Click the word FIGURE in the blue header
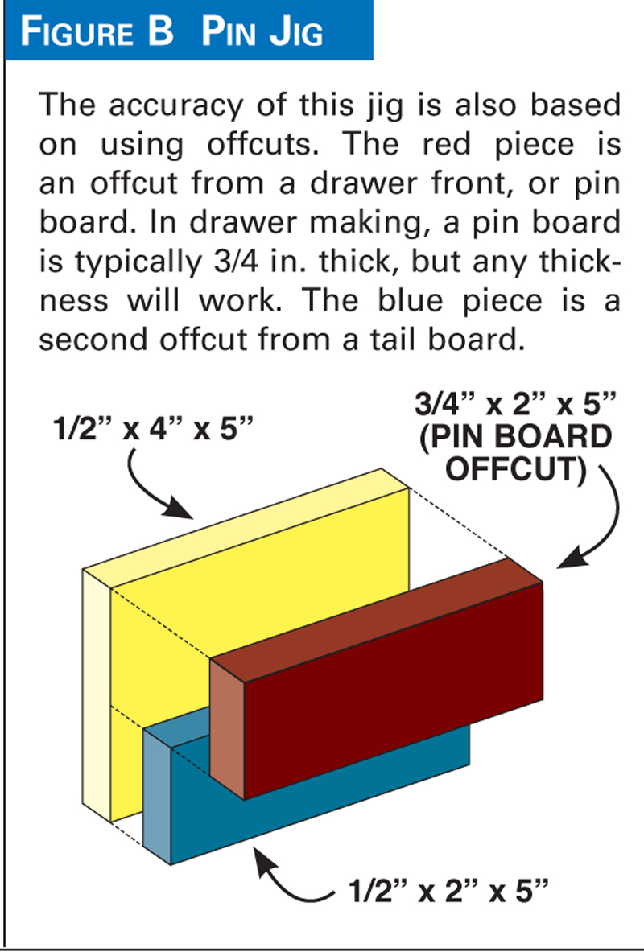click(x=78, y=31)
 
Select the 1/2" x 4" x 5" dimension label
click(x=152, y=429)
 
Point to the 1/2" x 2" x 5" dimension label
click(x=448, y=891)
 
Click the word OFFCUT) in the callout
click(x=517, y=469)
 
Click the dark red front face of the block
click(x=393, y=691)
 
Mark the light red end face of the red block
click(x=227, y=728)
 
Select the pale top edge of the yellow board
click(x=246, y=528)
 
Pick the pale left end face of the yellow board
click(x=97, y=696)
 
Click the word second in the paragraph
click(x=93, y=340)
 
